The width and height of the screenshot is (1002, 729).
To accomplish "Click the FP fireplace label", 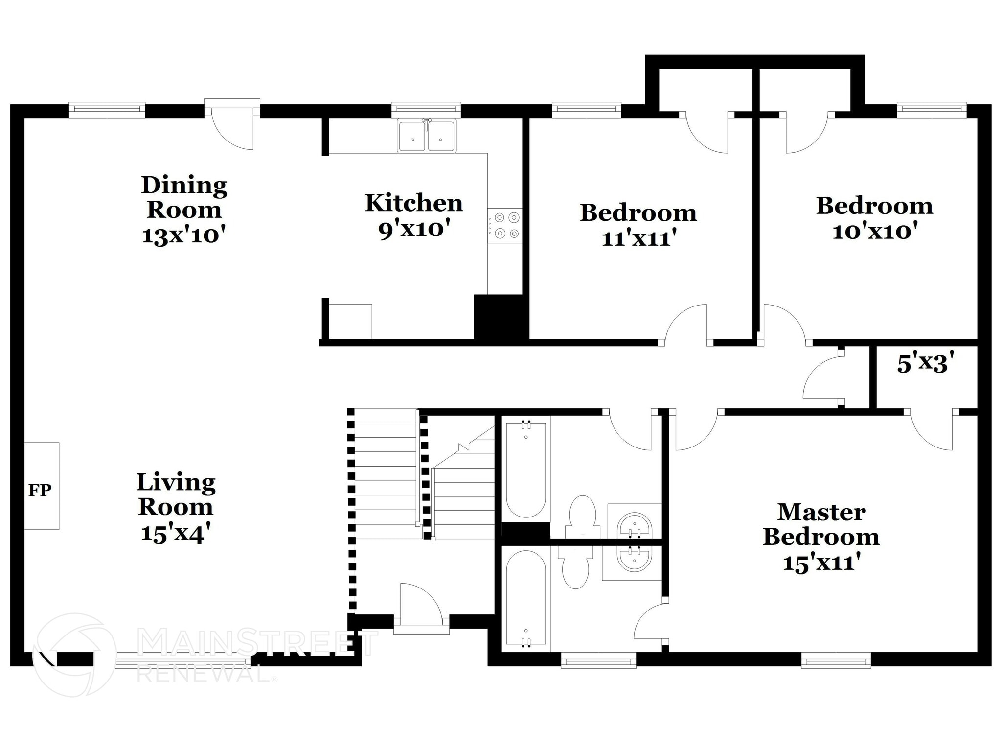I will click(40, 490).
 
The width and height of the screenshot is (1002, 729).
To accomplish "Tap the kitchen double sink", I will click(427, 137).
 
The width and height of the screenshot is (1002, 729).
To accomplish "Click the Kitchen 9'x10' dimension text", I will click(413, 229).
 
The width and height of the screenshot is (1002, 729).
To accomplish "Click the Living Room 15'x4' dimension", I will click(176, 533).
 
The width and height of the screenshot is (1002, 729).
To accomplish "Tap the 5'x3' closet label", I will click(926, 364).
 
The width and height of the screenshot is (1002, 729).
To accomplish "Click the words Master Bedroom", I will click(821, 525).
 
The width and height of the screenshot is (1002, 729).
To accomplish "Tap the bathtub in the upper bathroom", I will click(525, 469).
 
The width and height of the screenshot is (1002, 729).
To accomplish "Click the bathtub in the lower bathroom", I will click(525, 599).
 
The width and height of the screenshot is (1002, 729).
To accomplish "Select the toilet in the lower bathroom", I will click(575, 568).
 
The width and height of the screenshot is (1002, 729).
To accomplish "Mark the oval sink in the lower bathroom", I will click(635, 560).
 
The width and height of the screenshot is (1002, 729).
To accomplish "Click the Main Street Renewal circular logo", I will click(74, 655).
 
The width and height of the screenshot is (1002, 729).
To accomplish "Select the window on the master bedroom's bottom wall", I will click(836, 662).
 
